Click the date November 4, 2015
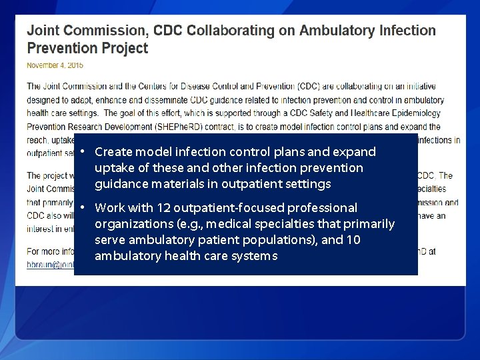(x=55, y=65)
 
